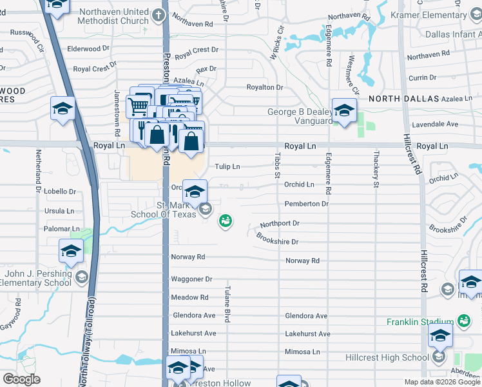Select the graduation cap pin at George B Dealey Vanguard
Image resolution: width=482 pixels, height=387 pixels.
tap(344, 110)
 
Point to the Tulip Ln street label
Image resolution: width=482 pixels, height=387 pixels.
tap(227, 166)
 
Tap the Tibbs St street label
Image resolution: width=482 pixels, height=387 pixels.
tap(278, 166)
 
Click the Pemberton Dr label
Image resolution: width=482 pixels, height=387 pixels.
tap(307, 204)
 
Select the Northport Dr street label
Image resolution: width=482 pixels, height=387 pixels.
tap(280, 223)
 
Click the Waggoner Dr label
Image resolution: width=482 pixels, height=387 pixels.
tap(191, 279)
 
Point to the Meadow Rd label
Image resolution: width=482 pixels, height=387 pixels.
tap(189, 297)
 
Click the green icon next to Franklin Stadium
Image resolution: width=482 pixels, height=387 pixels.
tap(463, 321)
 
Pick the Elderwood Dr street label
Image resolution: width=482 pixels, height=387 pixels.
tap(88, 48)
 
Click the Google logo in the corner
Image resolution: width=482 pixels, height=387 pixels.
tap(21, 379)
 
